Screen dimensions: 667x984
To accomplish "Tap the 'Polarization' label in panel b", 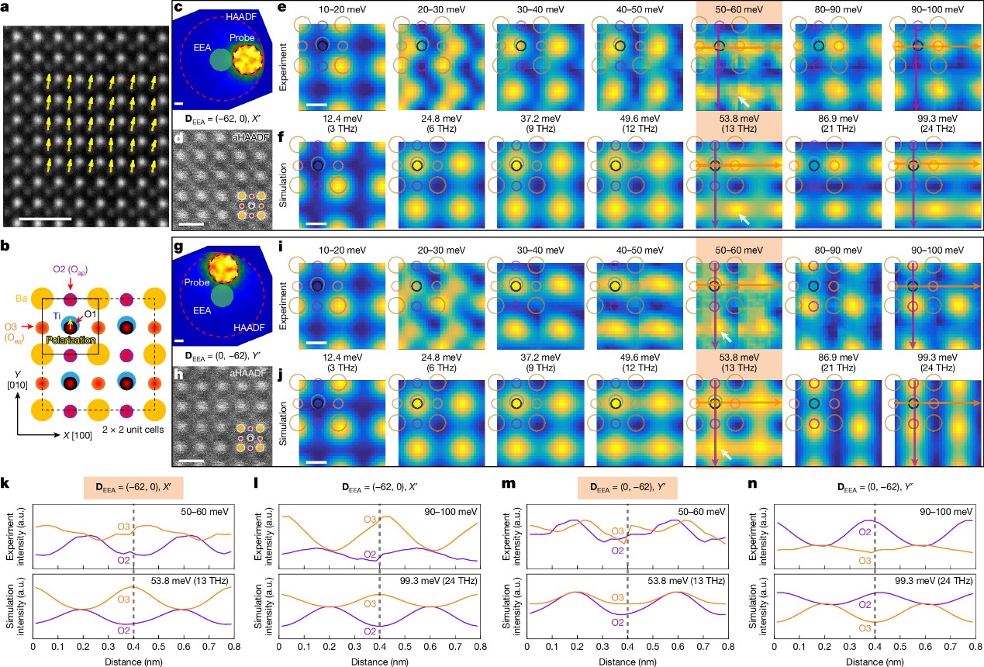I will click(71, 339).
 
